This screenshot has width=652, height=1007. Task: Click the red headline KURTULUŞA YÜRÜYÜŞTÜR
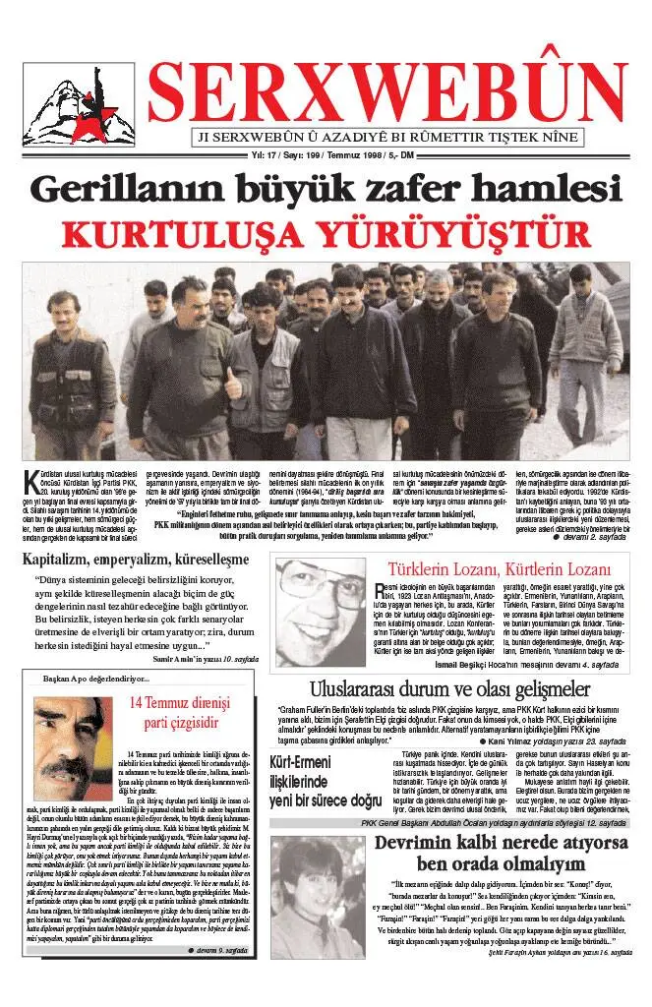[326, 235]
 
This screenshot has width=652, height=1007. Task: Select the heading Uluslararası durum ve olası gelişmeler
[451, 688]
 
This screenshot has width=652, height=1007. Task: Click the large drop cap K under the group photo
[31, 481]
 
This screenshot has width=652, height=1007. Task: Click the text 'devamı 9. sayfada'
[218, 977]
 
